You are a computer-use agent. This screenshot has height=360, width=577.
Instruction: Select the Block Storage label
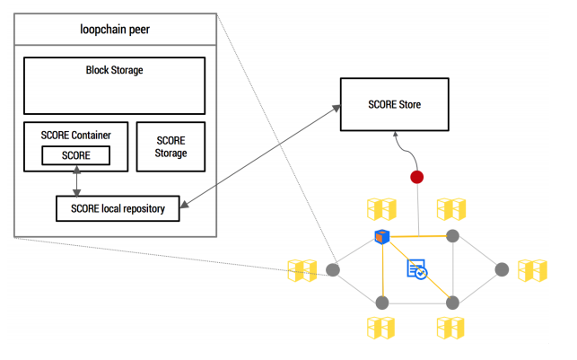coord(114,69)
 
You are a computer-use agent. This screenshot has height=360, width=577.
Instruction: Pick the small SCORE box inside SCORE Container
coord(75,156)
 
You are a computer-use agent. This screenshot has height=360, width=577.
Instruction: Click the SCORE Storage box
coord(170,147)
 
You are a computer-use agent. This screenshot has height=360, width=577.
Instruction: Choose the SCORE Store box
coord(394,105)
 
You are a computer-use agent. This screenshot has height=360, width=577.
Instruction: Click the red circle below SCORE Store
coord(416,177)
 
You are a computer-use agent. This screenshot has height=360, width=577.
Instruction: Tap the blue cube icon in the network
coord(381,237)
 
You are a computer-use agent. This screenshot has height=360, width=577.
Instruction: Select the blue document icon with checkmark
coord(416,269)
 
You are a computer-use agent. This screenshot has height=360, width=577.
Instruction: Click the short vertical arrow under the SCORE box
coord(76,180)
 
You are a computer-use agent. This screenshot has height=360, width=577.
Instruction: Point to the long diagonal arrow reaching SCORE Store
coord(260,156)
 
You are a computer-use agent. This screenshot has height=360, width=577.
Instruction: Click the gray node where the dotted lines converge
coord(333,269)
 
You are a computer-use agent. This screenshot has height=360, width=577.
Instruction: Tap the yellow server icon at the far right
coord(532,270)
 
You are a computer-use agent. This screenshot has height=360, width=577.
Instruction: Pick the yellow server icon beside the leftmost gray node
coord(302,270)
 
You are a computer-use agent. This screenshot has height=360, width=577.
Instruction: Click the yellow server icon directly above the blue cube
coord(381,209)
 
